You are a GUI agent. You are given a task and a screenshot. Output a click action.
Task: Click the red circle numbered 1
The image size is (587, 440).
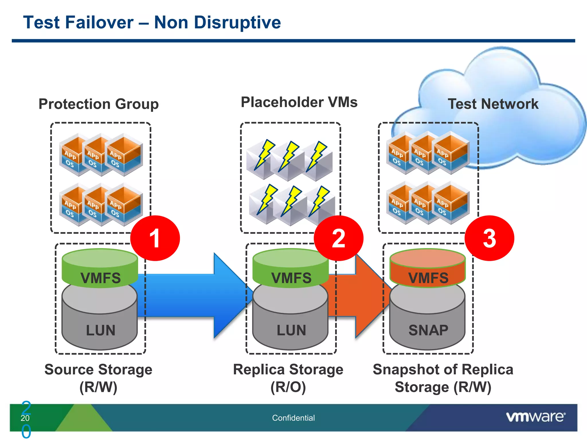pos(155,238)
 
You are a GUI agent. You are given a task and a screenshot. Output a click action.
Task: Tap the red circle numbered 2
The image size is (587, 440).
pos(338,238)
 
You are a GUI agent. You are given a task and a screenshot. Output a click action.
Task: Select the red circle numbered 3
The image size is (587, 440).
pos(489,238)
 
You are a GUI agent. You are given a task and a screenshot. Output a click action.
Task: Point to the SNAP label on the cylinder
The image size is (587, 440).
pos(428,330)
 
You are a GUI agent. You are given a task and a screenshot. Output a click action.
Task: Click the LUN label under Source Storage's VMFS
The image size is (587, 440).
pos(101,330)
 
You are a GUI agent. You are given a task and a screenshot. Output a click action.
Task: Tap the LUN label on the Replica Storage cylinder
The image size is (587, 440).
pos(291,330)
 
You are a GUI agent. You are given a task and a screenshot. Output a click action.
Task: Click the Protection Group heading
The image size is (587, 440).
pos(99,104)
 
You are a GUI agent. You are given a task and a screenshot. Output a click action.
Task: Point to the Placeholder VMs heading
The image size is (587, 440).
pos(299,102)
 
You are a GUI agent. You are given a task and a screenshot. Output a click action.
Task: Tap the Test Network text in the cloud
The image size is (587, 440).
pos(493,104)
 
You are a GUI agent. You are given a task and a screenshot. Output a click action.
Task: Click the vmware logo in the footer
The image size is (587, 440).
pos(535,417)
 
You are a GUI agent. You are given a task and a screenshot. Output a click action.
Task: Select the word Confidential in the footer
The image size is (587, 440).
pos(293,418)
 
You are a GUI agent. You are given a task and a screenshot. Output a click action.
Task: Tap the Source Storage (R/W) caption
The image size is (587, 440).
pos(98,378)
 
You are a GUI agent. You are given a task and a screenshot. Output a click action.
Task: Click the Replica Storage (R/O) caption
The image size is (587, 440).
pos(288,378)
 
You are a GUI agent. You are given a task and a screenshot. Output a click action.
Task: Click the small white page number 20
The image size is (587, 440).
pos(25,418)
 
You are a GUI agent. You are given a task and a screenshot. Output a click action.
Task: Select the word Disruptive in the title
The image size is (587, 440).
pos(237,22)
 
